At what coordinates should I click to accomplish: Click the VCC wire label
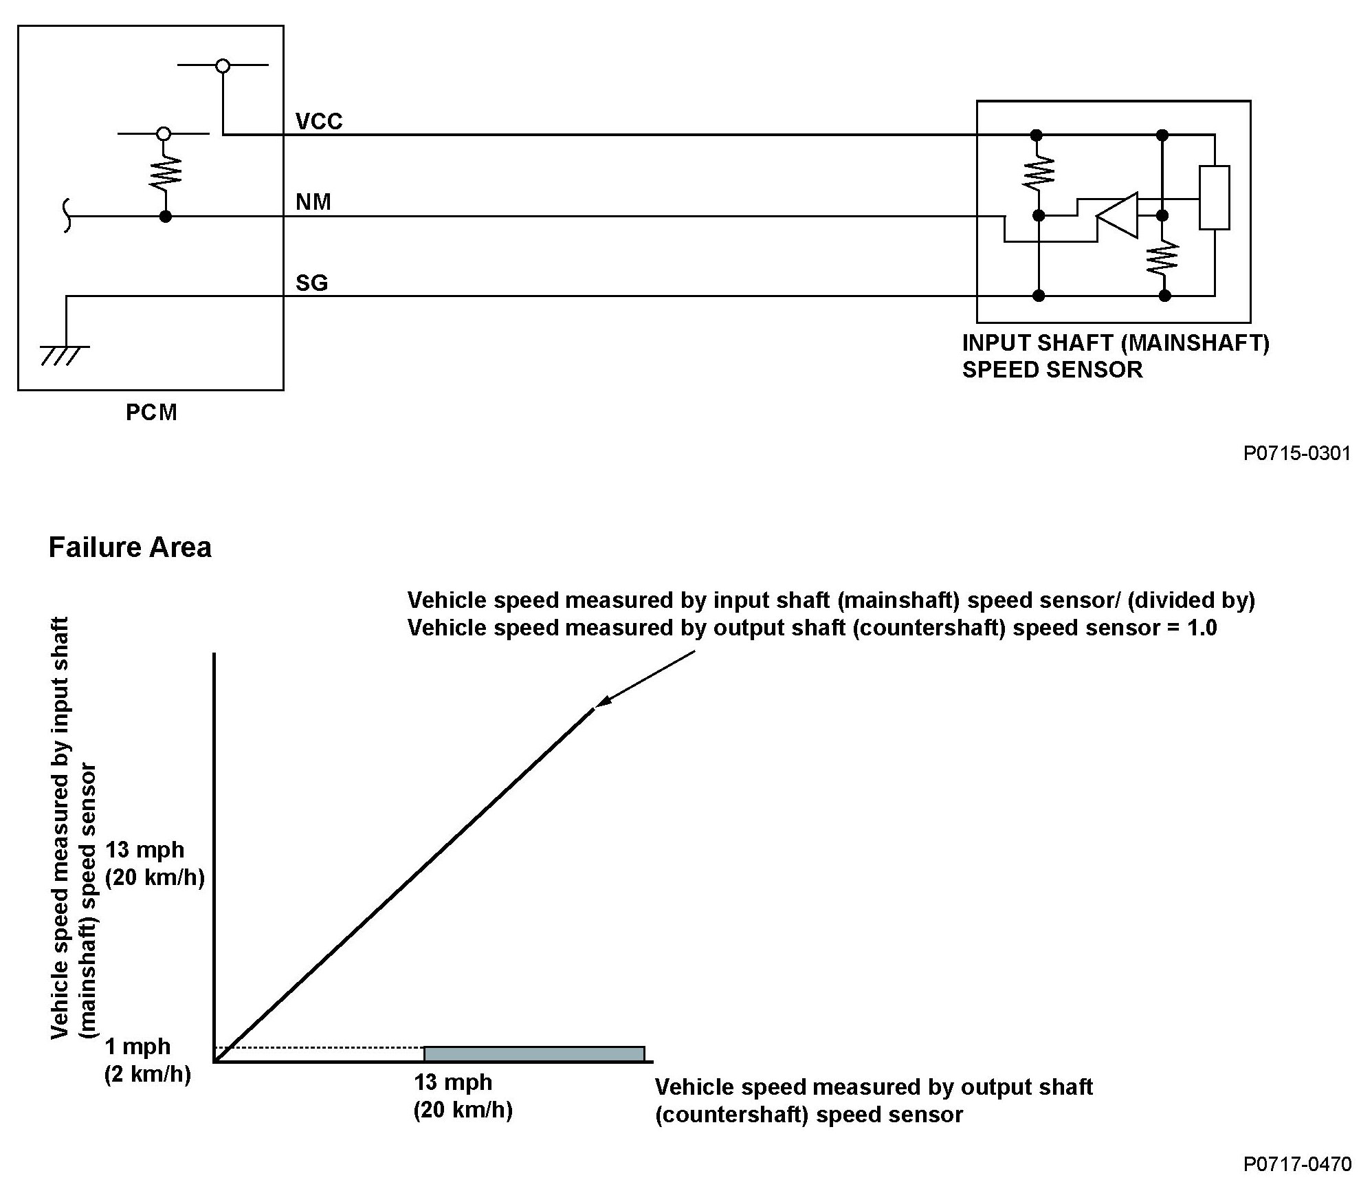click(318, 121)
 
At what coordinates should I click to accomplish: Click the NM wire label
click(313, 201)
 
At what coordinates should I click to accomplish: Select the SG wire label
click(311, 283)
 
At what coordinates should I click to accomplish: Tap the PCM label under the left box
click(151, 412)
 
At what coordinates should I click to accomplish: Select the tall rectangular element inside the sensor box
click(1214, 197)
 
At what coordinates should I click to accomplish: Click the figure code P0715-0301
click(1296, 453)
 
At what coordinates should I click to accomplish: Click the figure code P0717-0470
click(1296, 1163)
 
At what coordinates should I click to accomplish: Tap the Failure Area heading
click(130, 547)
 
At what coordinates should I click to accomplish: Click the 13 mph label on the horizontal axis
click(453, 1082)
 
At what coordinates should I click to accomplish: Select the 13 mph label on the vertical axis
click(145, 849)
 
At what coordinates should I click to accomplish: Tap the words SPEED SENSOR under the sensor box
click(1052, 370)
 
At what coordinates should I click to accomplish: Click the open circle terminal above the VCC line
click(222, 66)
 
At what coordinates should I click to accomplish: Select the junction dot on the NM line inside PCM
click(165, 217)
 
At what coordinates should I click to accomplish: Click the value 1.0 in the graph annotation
click(1202, 628)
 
